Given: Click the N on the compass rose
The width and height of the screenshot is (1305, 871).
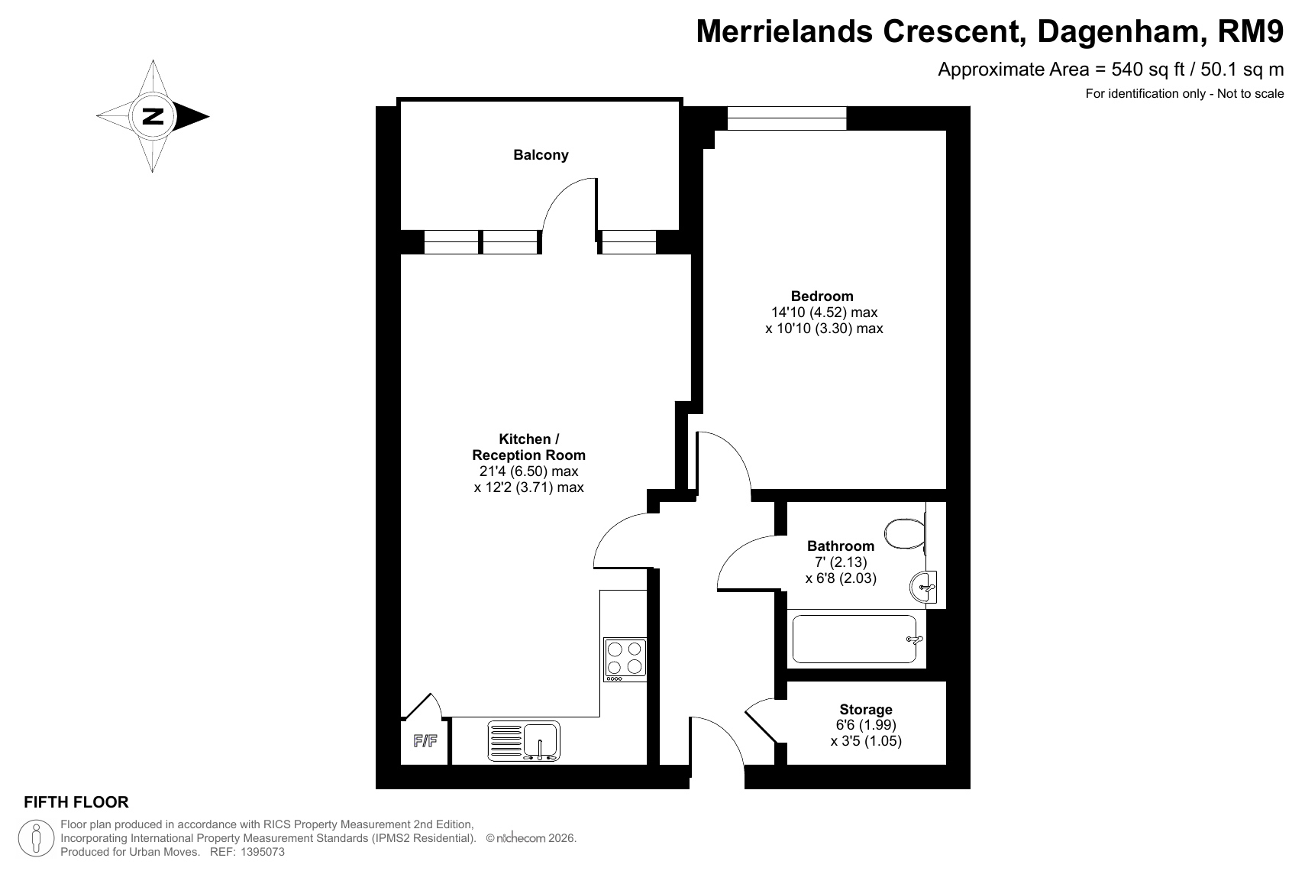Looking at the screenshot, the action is click(153, 116).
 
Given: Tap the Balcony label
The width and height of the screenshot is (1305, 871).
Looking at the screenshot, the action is click(541, 155).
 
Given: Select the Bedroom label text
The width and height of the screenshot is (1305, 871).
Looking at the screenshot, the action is click(822, 296).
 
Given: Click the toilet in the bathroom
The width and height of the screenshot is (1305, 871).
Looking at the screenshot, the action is click(906, 533).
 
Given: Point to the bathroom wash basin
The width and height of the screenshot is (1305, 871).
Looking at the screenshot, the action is click(923, 587).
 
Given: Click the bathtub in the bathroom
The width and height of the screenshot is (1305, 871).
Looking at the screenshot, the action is click(854, 639).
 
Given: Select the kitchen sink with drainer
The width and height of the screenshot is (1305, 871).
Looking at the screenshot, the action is click(524, 741).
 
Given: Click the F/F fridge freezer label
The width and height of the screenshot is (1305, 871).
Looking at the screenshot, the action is click(425, 741).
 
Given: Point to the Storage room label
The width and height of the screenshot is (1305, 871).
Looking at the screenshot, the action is click(866, 710).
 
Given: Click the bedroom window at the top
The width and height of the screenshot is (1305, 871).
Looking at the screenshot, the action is click(787, 118).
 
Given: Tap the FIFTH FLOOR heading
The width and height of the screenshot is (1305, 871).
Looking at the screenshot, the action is click(76, 802).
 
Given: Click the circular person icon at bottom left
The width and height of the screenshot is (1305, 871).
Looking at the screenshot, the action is click(36, 838).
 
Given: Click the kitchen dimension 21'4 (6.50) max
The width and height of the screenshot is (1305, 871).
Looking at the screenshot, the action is click(529, 471).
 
